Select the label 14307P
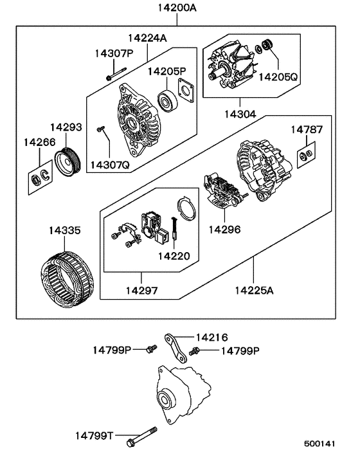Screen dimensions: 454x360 pyautogui.click(x=114, y=53)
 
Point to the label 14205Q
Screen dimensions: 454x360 pyautogui.click(x=278, y=77)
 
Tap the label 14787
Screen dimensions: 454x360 pyautogui.click(x=306, y=129)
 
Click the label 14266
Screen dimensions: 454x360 pyautogui.click(x=39, y=141)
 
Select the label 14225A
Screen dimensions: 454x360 pyautogui.click(x=253, y=291)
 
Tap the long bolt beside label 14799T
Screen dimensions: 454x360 pyautogui.click(x=147, y=438)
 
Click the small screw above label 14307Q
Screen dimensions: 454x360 pyautogui.click(x=100, y=131)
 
